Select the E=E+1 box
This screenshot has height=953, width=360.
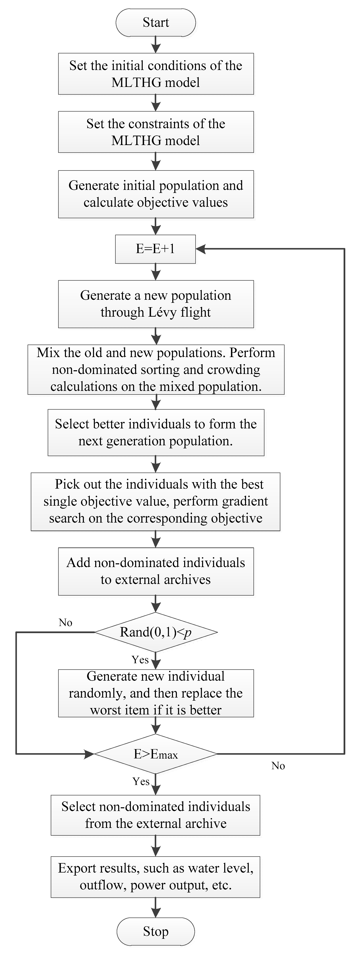coord(155,249)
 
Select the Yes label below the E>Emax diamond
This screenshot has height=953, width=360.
coord(141,781)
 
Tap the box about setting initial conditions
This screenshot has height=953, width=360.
coord(156,74)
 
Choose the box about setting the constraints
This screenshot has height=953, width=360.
coord(156,132)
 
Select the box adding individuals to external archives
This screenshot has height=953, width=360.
coord(156,571)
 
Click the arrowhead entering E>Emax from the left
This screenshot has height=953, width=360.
coord(90,754)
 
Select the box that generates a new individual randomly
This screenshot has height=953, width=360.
coord(156,693)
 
